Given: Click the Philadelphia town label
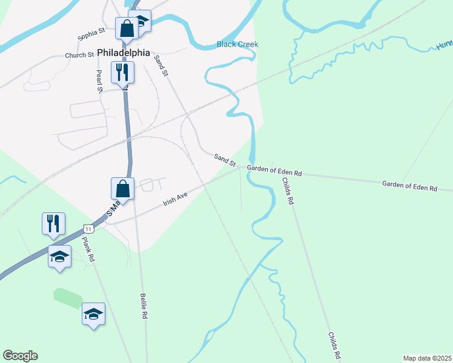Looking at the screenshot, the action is [123, 53].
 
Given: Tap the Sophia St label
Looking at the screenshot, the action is [91, 34].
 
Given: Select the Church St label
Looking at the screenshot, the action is [79, 55].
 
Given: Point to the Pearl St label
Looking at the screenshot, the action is [99, 80].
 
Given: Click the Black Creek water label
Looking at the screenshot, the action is [237, 44].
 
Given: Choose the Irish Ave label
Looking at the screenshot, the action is [175, 200].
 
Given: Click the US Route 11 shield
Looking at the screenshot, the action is [89, 229].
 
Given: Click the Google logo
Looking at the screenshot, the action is [20, 356].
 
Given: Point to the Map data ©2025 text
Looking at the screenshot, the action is [428, 358].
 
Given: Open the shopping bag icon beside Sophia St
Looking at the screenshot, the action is [127, 28].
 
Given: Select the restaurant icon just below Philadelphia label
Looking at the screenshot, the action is [121, 72].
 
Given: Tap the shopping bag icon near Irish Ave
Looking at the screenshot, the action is [122, 188].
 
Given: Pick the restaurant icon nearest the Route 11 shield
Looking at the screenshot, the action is [53, 223].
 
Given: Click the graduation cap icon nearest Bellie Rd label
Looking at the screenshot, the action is [93, 313].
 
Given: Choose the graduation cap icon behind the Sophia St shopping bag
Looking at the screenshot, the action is [141, 21].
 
